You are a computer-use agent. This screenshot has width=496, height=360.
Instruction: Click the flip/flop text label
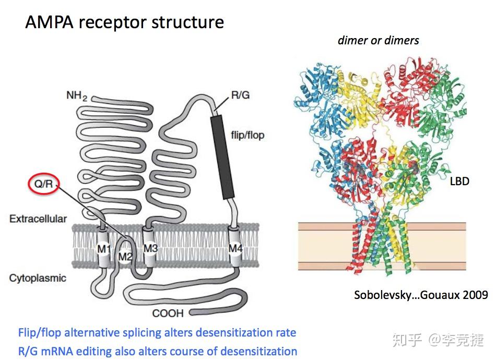[x=247, y=135]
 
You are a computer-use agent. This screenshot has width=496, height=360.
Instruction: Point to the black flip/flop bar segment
[x=222, y=157]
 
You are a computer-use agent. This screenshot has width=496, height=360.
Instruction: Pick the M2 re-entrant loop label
[x=125, y=256]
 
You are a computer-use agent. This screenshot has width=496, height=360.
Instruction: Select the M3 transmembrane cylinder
[x=150, y=248]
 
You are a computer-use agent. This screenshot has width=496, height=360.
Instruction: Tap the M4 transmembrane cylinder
[x=235, y=248]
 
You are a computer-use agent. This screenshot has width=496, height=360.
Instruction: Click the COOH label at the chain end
[x=168, y=313]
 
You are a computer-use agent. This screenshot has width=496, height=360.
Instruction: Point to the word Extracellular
[x=38, y=219]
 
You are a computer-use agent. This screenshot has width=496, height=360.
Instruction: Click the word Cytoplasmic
[x=38, y=278]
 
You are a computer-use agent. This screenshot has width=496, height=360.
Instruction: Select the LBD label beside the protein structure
[x=459, y=182]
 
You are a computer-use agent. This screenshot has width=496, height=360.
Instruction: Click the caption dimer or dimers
[x=378, y=40]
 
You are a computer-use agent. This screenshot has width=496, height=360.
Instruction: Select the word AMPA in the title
[x=48, y=22]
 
